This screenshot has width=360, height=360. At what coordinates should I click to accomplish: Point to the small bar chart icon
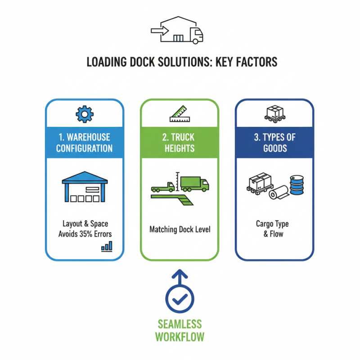coord(107,246)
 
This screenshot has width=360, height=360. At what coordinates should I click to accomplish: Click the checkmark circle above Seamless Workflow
coord(180,298)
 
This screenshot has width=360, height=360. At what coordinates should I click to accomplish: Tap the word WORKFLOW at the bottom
coord(180,337)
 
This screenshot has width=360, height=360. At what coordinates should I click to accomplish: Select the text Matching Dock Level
coord(180,229)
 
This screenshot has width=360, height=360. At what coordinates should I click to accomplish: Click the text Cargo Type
coord(272,224)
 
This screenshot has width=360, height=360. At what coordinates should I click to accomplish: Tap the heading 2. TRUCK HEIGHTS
coord(180,143)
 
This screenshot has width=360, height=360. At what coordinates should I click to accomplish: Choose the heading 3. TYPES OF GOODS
coord(274,143)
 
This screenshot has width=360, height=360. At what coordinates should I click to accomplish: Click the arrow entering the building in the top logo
coord(158,31)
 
